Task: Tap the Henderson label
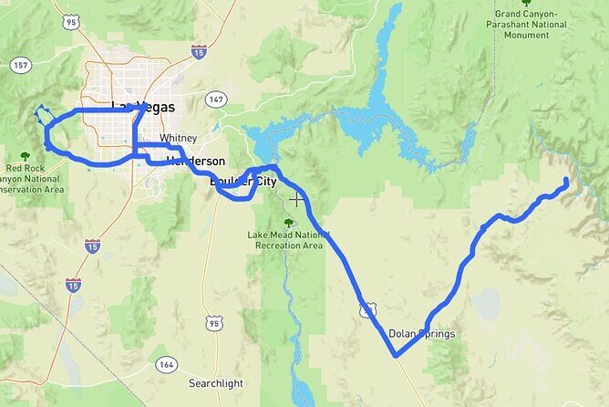(x=196, y=161)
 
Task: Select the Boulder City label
(x=243, y=182)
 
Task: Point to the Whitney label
(x=178, y=138)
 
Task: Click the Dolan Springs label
(x=421, y=334)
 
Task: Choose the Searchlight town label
(x=214, y=382)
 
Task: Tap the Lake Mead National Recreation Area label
(x=285, y=240)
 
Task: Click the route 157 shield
(x=20, y=66)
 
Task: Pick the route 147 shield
(x=216, y=99)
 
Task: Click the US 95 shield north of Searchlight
(x=214, y=323)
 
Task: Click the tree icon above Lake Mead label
(x=289, y=222)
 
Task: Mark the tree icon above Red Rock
(x=25, y=155)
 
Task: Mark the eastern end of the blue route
(x=567, y=181)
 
